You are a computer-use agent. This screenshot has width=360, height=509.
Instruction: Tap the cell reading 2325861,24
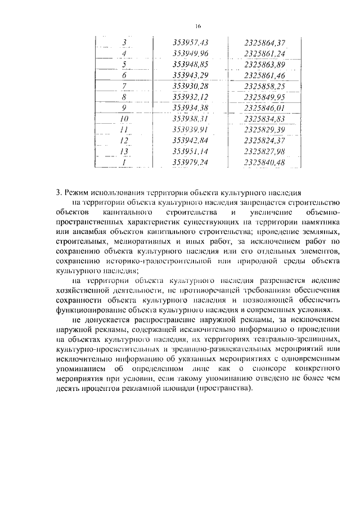click(x=265, y=53)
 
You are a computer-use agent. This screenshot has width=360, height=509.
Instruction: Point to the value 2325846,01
click(x=265, y=107)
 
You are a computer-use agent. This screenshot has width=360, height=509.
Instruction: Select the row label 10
click(x=124, y=119)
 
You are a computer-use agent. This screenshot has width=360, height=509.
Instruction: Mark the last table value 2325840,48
click(x=265, y=162)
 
